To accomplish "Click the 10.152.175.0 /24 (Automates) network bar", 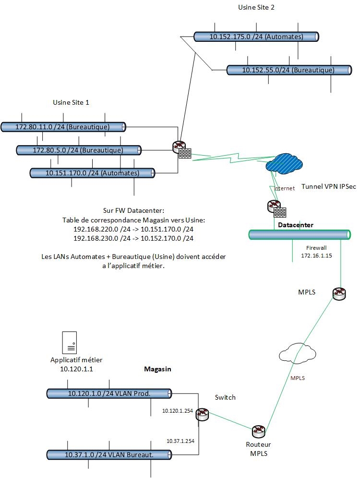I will coord(256,37).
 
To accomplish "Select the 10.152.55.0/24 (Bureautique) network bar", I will coord(288,70).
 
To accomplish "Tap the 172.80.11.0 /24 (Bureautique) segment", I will coord(63,127).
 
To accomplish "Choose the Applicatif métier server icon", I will coord(70,342).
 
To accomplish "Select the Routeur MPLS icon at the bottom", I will coord(259,430).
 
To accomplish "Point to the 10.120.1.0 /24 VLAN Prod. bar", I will coord(109,393).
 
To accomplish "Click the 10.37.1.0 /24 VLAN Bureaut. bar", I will coord(109,454).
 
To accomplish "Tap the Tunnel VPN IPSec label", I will coord(328,186).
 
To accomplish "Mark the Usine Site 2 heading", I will coord(256,7).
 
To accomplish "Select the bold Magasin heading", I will coord(158,369).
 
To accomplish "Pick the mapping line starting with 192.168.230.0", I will coord(133,238).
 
